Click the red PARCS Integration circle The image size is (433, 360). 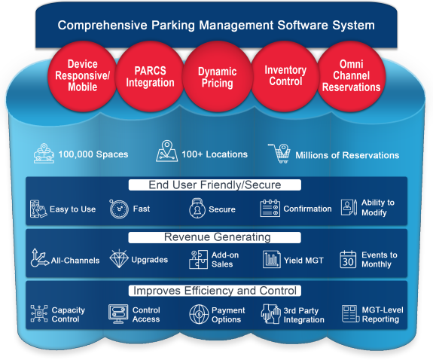pos(150,77)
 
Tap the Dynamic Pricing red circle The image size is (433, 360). pos(217,78)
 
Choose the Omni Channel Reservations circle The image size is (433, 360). pos(351,77)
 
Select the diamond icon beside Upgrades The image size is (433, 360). pos(120,260)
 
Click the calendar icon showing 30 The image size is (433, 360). pos(348,260)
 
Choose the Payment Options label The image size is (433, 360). pos(228,315)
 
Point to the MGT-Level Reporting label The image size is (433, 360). pos(380,315)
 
